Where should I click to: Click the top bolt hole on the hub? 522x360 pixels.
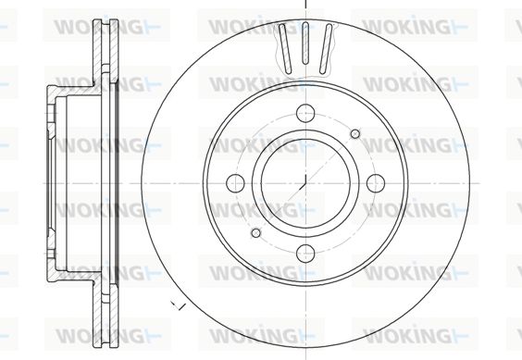point(305,113)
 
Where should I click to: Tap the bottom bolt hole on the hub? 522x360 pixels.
point(305,253)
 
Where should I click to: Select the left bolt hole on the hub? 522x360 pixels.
point(235,183)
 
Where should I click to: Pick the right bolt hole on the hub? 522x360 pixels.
point(376,183)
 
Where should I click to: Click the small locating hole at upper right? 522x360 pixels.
point(355,134)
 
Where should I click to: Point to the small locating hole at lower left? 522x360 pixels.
point(256,233)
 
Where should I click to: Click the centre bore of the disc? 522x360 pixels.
point(305,183)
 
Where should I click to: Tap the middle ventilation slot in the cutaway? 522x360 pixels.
point(305,43)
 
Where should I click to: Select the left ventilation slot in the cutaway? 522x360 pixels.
point(285,49)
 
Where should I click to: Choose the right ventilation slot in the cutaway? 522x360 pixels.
point(326,49)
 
